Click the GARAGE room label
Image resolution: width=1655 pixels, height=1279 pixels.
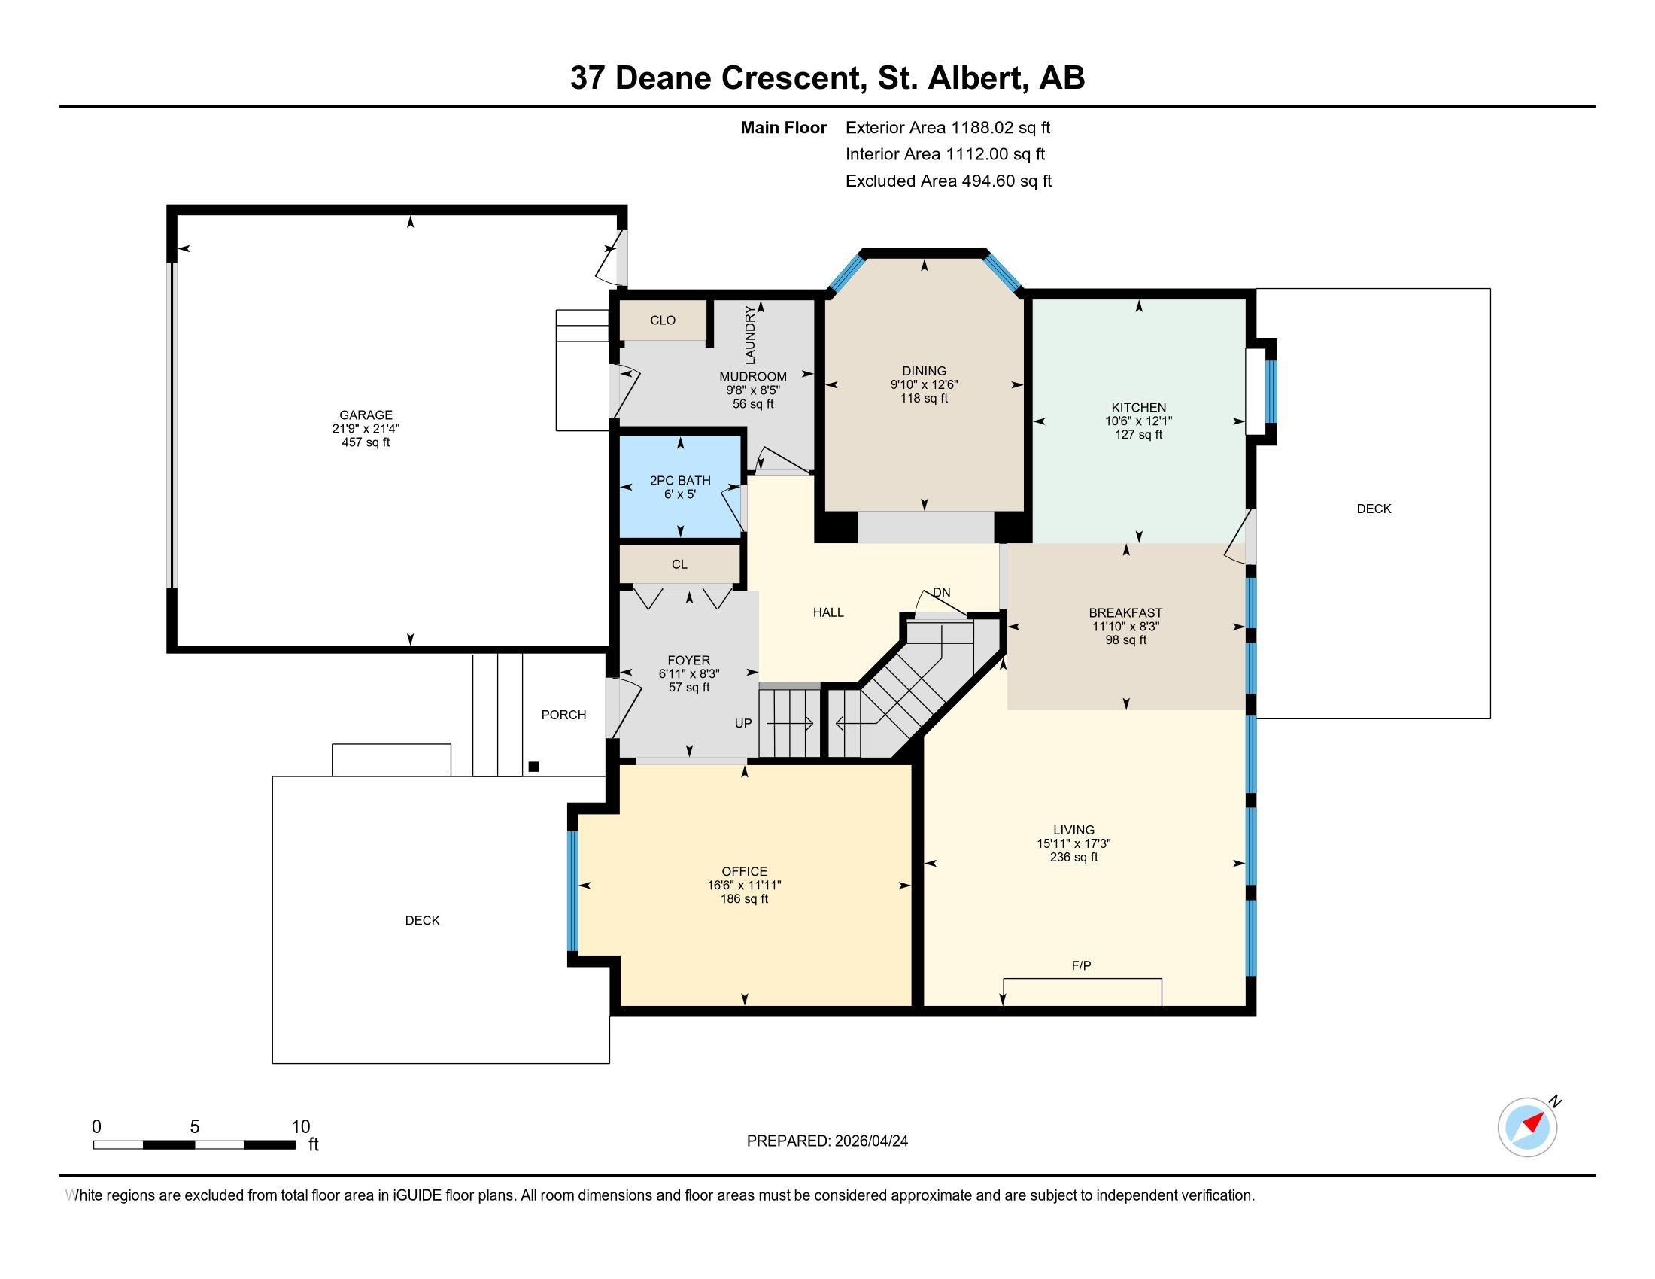click(x=366, y=415)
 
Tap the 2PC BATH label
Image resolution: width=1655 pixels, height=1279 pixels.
click(x=680, y=481)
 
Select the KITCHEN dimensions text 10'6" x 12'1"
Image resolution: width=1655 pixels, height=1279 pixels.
click(x=1138, y=421)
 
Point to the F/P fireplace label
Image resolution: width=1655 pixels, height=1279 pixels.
click(x=1080, y=965)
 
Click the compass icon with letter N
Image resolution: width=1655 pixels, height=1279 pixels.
click(x=1527, y=1127)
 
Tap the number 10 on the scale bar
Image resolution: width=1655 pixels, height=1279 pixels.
click(x=300, y=1126)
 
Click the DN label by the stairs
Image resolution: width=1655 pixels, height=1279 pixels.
click(x=941, y=593)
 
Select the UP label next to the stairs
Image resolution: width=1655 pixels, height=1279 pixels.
click(x=742, y=723)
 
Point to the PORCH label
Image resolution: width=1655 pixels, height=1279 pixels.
click(x=563, y=715)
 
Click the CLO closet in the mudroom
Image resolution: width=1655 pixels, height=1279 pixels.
click(x=662, y=321)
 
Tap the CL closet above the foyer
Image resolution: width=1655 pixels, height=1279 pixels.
click(x=679, y=564)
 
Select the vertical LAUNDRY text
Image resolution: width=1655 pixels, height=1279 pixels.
click(x=750, y=334)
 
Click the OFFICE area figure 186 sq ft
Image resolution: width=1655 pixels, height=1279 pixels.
click(x=744, y=898)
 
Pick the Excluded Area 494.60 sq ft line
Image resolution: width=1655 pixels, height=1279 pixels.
click(x=948, y=181)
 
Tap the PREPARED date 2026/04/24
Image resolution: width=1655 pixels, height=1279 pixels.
click(x=827, y=1141)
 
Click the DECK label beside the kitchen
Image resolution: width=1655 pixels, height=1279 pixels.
click(x=1373, y=509)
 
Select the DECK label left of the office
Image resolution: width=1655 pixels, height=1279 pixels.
click(x=422, y=920)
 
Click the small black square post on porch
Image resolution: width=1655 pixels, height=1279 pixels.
click(x=533, y=767)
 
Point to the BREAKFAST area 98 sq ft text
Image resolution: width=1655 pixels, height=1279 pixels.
click(x=1125, y=640)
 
